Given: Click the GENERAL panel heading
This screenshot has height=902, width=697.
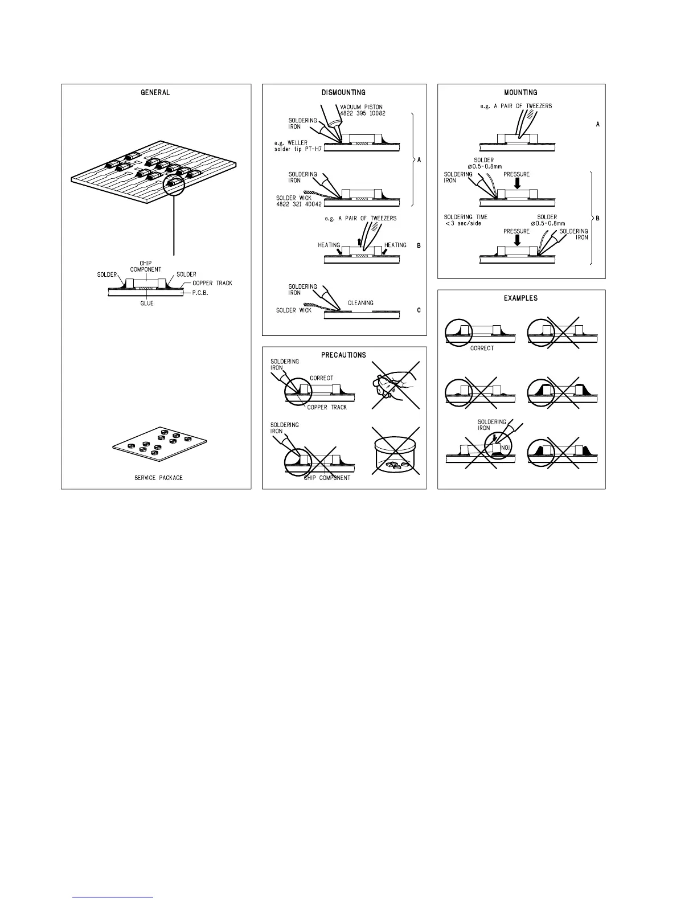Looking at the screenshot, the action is point(155,92).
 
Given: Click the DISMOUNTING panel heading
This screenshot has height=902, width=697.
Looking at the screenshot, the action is point(343,92).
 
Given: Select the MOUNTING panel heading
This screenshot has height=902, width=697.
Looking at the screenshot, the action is point(520,92).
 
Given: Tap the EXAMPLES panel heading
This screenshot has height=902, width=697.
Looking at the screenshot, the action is point(520,298).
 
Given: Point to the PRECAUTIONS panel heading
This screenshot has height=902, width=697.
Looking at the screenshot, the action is point(343,355).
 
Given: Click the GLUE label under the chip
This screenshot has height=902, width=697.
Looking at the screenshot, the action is point(146,304).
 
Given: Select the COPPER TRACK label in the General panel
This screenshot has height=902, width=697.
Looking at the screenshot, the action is point(212,283).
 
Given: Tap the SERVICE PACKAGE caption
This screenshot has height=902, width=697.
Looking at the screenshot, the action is point(158,478).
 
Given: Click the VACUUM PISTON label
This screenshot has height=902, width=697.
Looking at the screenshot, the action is point(361,106).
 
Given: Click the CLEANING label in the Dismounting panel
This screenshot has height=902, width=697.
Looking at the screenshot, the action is point(360,303).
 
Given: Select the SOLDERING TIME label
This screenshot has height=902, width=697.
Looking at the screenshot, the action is point(466,217).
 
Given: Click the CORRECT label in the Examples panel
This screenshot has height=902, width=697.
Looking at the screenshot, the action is point(482,348).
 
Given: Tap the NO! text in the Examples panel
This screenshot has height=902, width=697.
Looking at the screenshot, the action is point(505,448).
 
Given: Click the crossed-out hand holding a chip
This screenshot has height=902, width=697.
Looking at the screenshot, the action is point(395,386).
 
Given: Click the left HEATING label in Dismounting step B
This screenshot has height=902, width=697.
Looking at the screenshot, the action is point(329,245).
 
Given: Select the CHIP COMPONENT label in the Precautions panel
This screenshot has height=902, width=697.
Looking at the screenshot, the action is point(327,478).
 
